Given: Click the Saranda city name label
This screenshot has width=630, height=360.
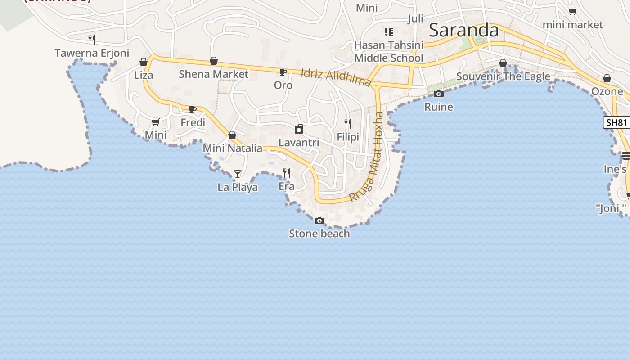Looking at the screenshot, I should (x=463, y=30).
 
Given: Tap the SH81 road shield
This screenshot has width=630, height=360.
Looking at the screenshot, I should (x=616, y=122).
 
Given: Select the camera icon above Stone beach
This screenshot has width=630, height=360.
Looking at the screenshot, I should (x=319, y=220).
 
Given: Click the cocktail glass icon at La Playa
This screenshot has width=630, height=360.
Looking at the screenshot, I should (x=238, y=174).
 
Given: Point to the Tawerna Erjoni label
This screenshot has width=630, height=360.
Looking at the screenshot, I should (x=92, y=53).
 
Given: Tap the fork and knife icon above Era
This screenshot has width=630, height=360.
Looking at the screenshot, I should (x=286, y=173).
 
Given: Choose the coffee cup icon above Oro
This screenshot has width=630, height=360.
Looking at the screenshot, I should (x=283, y=72).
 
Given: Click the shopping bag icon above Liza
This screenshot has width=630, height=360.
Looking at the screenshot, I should (x=144, y=62).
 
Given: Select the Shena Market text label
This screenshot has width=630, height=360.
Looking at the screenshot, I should (x=213, y=74).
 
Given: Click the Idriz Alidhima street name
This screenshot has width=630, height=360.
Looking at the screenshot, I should (x=335, y=77).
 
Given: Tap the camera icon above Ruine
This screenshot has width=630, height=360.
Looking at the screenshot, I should (x=439, y=94).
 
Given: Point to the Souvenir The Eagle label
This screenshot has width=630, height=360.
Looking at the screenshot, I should (x=503, y=76).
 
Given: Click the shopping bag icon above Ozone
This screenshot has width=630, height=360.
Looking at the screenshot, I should (x=607, y=79).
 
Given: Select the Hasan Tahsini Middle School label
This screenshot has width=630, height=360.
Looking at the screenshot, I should (x=389, y=52).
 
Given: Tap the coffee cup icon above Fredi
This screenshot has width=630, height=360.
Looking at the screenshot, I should (x=193, y=109).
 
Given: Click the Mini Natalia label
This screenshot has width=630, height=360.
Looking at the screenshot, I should (x=232, y=148).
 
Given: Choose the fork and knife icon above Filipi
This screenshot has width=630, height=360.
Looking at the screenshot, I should (x=347, y=123).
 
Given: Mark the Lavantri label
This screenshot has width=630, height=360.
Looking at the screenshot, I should (x=299, y=143).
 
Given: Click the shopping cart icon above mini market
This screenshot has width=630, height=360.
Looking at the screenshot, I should (x=572, y=12).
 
